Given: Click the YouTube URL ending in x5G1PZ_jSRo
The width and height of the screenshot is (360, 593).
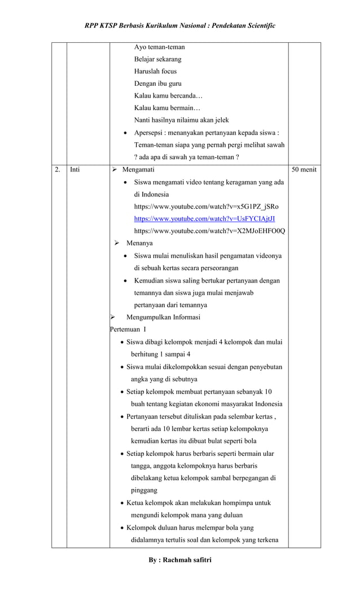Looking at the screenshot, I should tap(206, 206).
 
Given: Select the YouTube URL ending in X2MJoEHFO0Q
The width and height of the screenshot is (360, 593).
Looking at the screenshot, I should tap(209, 231).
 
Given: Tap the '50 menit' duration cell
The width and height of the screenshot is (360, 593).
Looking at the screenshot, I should tap(304, 169).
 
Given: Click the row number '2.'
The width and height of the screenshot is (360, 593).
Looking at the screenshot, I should tap(58, 169).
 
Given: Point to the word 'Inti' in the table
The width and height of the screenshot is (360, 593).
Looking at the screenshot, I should tap(75, 169).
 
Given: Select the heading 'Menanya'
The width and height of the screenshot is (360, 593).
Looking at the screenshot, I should tap(139, 243).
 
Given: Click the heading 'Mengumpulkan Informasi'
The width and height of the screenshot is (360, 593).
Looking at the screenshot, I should tap(163, 317).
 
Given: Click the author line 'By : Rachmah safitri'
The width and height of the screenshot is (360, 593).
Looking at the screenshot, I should tap(180, 560).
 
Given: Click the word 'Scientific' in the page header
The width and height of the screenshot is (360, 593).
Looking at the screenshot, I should tap(257, 27).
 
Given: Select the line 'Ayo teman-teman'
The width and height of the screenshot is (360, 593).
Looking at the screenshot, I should tap(159, 47).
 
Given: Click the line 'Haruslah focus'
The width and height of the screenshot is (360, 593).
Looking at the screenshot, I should tap(155, 71).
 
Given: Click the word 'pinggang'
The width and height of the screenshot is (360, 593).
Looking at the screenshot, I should tap(144, 490).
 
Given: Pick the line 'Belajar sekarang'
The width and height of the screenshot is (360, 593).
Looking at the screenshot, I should tap(158, 59).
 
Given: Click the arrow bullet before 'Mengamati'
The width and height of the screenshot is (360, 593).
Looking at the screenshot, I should tap(115, 169).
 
